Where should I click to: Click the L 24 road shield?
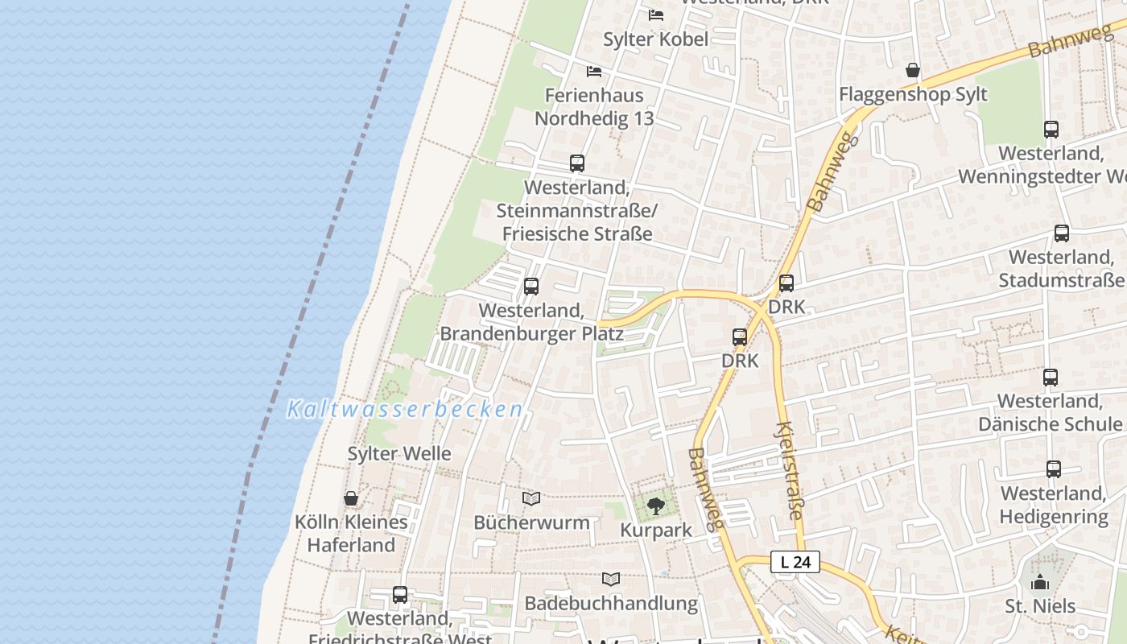click(795, 562)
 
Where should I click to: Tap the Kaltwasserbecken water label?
click(405, 410)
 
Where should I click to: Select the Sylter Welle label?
click(399, 453)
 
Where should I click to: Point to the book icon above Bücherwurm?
click(531, 499)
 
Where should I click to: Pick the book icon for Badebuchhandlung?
click(612, 579)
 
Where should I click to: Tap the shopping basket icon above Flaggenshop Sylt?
click(913, 71)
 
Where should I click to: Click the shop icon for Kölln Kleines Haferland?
click(351, 498)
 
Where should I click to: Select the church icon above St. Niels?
click(1040, 582)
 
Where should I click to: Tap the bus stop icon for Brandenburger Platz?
click(531, 287)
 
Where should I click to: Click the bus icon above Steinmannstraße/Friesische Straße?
click(577, 163)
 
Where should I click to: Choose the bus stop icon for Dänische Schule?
click(1051, 378)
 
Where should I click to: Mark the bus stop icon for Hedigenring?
click(1054, 469)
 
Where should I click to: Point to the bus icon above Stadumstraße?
click(1062, 233)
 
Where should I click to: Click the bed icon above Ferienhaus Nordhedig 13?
click(594, 72)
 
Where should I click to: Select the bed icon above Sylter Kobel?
click(656, 15)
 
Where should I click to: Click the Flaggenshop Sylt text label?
click(913, 94)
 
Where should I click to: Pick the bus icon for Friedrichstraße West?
click(400, 595)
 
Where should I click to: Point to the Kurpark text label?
click(656, 530)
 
